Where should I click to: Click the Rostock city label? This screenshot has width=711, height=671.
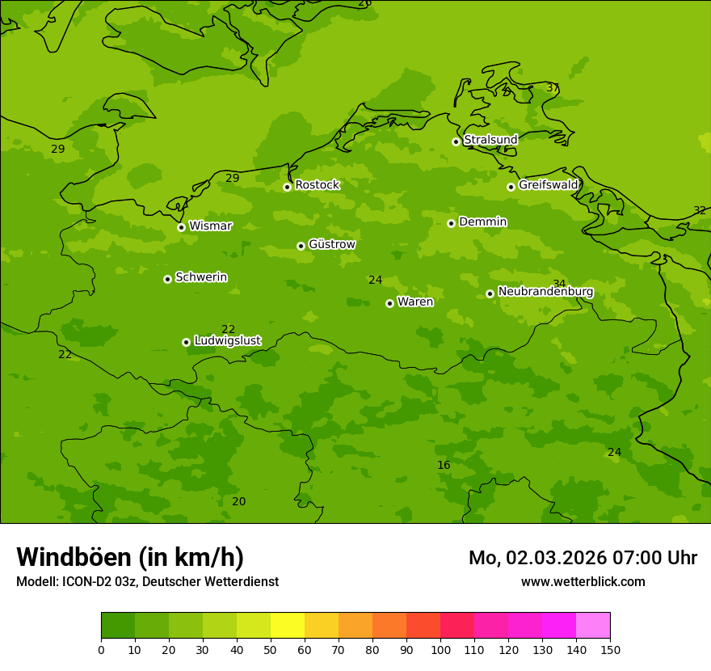pyautogui.click(x=317, y=185)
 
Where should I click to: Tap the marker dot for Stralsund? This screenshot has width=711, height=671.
pyautogui.click(x=456, y=141)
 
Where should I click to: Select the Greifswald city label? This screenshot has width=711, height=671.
pyautogui.click(x=548, y=185)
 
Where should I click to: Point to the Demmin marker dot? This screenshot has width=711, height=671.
pyautogui.click(x=451, y=223)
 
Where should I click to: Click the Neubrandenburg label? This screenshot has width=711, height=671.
pyautogui.click(x=545, y=292)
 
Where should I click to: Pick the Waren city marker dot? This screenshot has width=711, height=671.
pyautogui.click(x=389, y=303)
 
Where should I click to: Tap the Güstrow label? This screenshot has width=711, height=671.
pyautogui.click(x=331, y=244)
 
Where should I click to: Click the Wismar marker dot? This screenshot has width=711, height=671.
pyautogui.click(x=181, y=227)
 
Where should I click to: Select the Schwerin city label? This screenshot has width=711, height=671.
pyautogui.click(x=201, y=277)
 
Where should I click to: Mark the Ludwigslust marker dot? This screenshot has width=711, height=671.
pyautogui.click(x=186, y=342)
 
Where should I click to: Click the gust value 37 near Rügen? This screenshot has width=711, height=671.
pyautogui.click(x=553, y=88)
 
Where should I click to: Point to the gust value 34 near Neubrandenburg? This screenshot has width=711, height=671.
pyautogui.click(x=559, y=284)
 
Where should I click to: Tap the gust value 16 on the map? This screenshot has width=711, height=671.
pyautogui.click(x=444, y=466)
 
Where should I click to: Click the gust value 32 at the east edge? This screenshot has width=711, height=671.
pyautogui.click(x=700, y=211)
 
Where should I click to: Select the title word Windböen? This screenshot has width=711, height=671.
pyautogui.click(x=74, y=557)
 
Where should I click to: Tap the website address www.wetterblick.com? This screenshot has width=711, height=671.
pyautogui.click(x=583, y=582)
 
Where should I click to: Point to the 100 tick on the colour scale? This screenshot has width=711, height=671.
pyautogui.click(x=440, y=649)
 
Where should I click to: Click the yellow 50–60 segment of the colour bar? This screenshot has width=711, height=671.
pyautogui.click(x=288, y=626)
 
